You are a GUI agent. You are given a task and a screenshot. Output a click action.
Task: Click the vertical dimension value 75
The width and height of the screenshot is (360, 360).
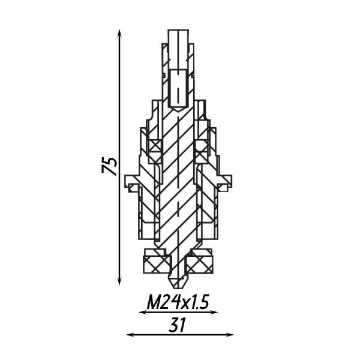[x=109, y=165]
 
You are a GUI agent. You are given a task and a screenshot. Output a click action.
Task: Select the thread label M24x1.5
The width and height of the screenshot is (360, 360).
[x=178, y=302]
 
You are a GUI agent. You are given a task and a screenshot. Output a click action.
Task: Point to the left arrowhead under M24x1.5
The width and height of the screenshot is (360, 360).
[x=143, y=312]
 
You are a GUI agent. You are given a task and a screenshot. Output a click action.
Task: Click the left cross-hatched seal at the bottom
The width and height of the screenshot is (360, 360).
[x=155, y=263]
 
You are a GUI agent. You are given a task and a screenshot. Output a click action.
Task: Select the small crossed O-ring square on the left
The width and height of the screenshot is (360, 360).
[x=155, y=146]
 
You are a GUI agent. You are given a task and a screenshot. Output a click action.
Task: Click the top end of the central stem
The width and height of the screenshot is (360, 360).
[x=178, y=31]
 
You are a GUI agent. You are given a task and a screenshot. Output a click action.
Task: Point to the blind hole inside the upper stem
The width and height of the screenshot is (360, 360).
[x=178, y=88]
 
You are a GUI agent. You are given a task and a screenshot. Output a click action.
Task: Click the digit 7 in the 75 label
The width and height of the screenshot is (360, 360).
[x=109, y=170]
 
